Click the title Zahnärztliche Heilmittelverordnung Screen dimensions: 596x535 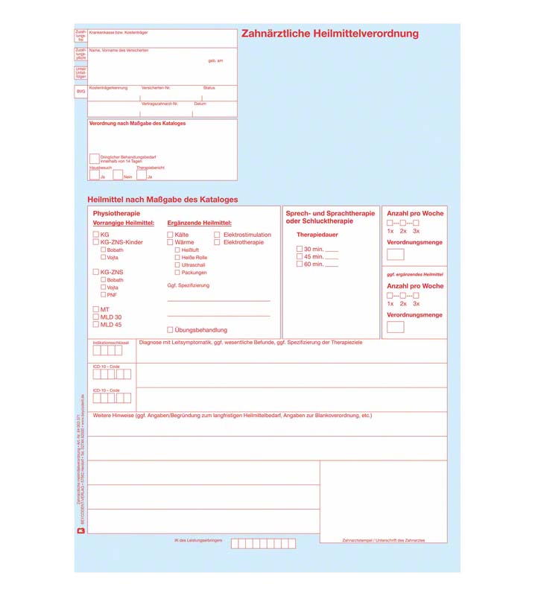pos(330,34)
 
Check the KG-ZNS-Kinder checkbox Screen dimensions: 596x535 pos(95,242)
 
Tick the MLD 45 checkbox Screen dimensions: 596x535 pos(95,325)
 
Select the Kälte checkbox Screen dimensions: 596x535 pos(170,235)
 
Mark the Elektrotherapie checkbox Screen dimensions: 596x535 pos(218,242)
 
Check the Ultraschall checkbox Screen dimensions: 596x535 pos(177,265)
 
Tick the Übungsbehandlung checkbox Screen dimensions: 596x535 pos(170,329)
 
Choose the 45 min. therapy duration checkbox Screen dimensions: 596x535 pos(300,256)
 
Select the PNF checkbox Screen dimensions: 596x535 pos(103,295)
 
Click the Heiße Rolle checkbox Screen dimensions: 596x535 pos(177,258)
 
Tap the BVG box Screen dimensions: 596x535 pos(80,92)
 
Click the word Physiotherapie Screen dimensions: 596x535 pos(116,214)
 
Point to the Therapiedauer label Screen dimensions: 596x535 pos(317,235)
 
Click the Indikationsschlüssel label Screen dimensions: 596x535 pos(111,343)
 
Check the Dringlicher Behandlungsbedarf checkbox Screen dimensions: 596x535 pos(94,159)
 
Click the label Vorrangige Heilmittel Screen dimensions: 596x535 pos(123,223)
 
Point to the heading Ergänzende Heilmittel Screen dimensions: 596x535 pos(199,223)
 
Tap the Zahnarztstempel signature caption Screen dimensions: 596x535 pos(383,540)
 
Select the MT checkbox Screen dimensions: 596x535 pos(95,309)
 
